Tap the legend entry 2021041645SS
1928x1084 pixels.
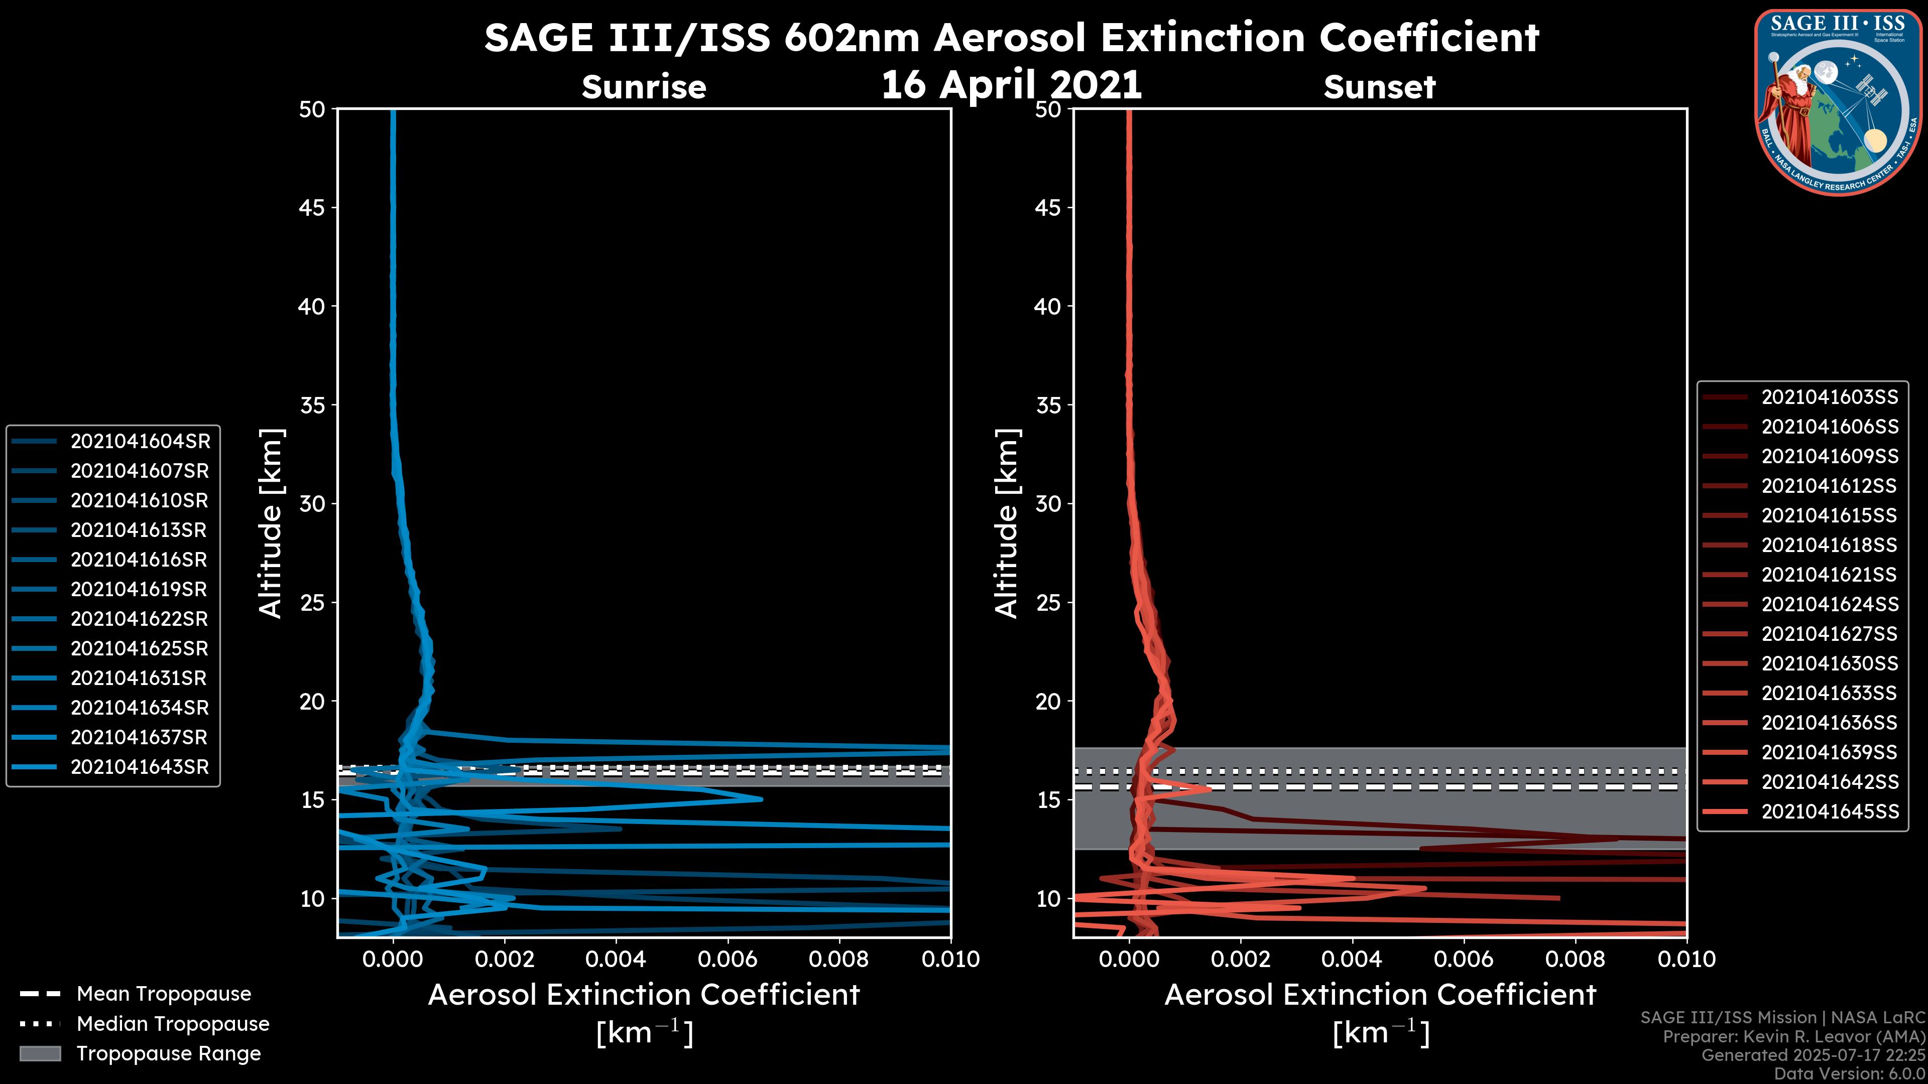tap(1829, 811)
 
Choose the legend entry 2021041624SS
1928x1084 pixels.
tap(1829, 604)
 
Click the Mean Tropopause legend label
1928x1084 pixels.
tap(164, 994)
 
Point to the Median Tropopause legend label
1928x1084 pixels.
tap(173, 1024)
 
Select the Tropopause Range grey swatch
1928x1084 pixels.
tap(40, 1054)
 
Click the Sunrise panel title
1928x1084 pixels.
tap(644, 87)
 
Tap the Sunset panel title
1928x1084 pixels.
tap(1379, 87)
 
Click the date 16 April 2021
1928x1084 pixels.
tap(1011, 84)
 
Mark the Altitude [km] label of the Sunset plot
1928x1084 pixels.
tap(1007, 523)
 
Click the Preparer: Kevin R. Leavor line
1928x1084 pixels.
tap(1793, 1037)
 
